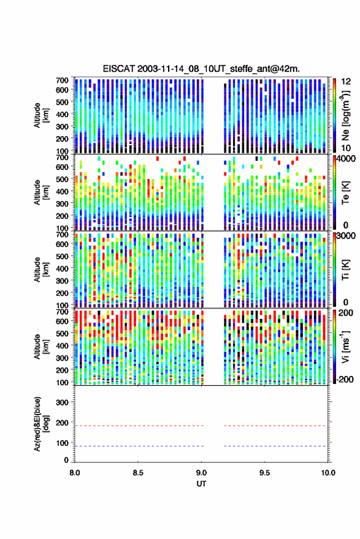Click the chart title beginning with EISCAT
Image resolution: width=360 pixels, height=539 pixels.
point(201,69)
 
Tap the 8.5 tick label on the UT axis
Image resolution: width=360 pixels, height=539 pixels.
point(138,473)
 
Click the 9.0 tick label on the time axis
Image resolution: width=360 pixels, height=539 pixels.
point(202,473)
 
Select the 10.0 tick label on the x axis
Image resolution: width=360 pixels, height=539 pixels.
point(328,473)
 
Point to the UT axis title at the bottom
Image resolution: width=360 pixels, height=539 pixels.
point(201,484)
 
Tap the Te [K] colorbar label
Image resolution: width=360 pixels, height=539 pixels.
point(345,193)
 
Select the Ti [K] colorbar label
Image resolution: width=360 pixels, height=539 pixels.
point(345,270)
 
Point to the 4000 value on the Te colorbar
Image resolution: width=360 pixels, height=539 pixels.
point(345,160)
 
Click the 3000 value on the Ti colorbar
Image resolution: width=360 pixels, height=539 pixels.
point(345,236)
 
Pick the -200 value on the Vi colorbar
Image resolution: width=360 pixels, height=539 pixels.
point(345,379)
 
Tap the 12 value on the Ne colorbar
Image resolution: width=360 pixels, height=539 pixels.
point(346,82)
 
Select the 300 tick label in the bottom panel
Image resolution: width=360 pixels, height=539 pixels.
point(62,402)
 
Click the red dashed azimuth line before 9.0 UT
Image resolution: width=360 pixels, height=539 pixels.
point(139,426)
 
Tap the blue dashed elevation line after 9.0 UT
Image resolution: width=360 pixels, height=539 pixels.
point(275,446)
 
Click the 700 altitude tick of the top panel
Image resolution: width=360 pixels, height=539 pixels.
point(62,80)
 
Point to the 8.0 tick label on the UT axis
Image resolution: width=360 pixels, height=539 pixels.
point(75,473)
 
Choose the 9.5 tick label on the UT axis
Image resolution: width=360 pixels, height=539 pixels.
point(264,473)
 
